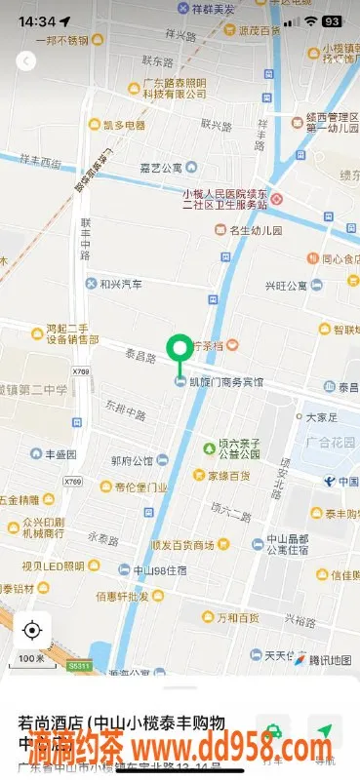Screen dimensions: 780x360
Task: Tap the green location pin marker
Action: [x=180, y=350]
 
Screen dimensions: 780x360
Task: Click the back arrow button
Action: [x=26, y=60]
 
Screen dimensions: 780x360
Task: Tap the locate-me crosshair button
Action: [x=32, y=630]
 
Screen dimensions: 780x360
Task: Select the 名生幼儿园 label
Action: [x=254, y=230]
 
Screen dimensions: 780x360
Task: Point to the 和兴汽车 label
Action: [x=121, y=284]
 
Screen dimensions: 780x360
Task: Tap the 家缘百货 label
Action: [x=229, y=476]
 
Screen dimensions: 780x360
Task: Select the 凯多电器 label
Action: [x=123, y=125]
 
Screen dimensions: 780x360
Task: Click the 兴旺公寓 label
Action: [x=286, y=286]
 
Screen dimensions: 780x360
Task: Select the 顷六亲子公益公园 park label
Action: [x=235, y=448]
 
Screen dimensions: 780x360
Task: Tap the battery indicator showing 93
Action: [x=332, y=20]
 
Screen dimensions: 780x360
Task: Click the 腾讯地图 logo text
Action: [x=329, y=660]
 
